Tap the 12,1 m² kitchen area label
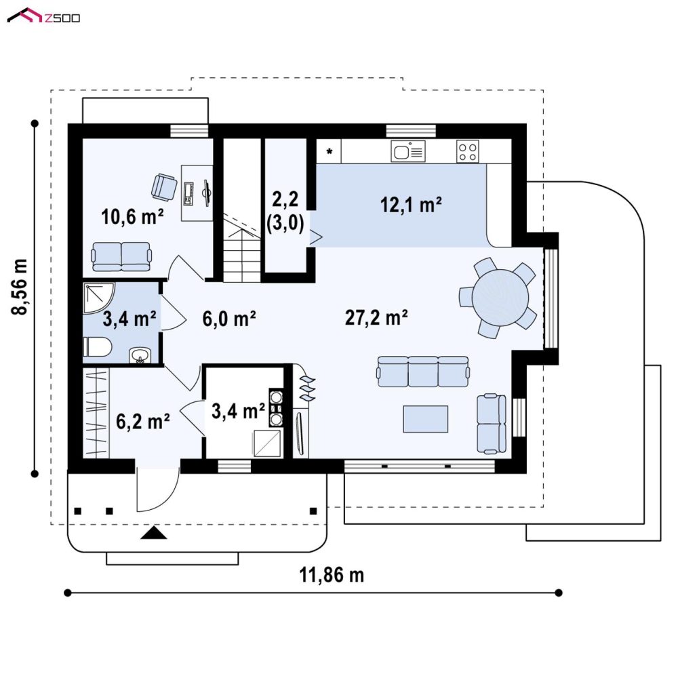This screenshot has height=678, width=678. tap(411, 205)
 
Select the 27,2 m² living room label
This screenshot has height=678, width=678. tap(376, 317)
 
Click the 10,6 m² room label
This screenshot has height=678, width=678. tap(132, 216)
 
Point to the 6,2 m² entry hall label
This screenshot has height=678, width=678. tap(142, 421)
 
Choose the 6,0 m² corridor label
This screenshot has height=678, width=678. tap(229, 319)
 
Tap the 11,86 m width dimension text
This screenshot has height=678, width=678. tap(332, 575)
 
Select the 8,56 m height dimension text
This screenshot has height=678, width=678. tap(20, 287)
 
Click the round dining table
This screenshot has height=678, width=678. tap(500, 298)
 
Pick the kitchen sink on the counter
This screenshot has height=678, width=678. tap(408, 151)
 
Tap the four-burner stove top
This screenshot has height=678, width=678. tap(467, 151)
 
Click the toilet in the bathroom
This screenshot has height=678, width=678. tap(98, 346)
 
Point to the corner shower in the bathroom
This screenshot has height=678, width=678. tap(98, 298)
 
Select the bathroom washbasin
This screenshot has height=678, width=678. tap(140, 355)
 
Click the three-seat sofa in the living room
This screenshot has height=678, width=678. tap(423, 372)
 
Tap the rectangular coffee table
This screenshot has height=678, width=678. tap(426, 418)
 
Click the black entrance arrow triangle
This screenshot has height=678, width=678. tap(154, 533)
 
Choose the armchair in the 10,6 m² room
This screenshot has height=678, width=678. tap(164, 187)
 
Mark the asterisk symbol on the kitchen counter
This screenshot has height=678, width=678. tap(330, 151)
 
